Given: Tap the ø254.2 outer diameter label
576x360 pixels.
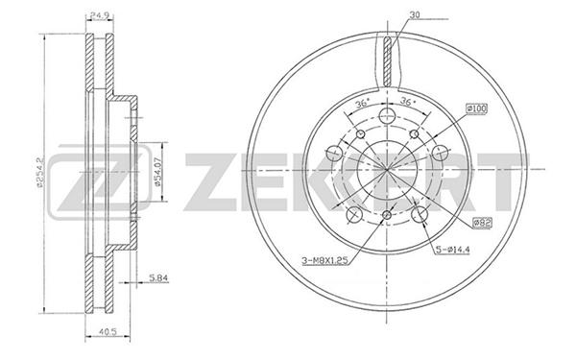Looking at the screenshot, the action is coord(40,172).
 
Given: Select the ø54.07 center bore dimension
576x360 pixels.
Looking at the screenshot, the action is coord(157,172).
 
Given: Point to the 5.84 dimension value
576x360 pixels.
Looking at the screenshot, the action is coord(158,278).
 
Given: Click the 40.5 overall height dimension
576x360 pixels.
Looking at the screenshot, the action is coord(108,332).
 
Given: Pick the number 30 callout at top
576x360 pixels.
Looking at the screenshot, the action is coord(415,15).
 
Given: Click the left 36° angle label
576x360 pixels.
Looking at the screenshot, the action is coord(362,104).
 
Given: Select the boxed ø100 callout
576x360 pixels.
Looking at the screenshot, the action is coord(476,108).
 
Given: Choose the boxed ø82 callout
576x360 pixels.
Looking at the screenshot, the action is coord(482,222).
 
